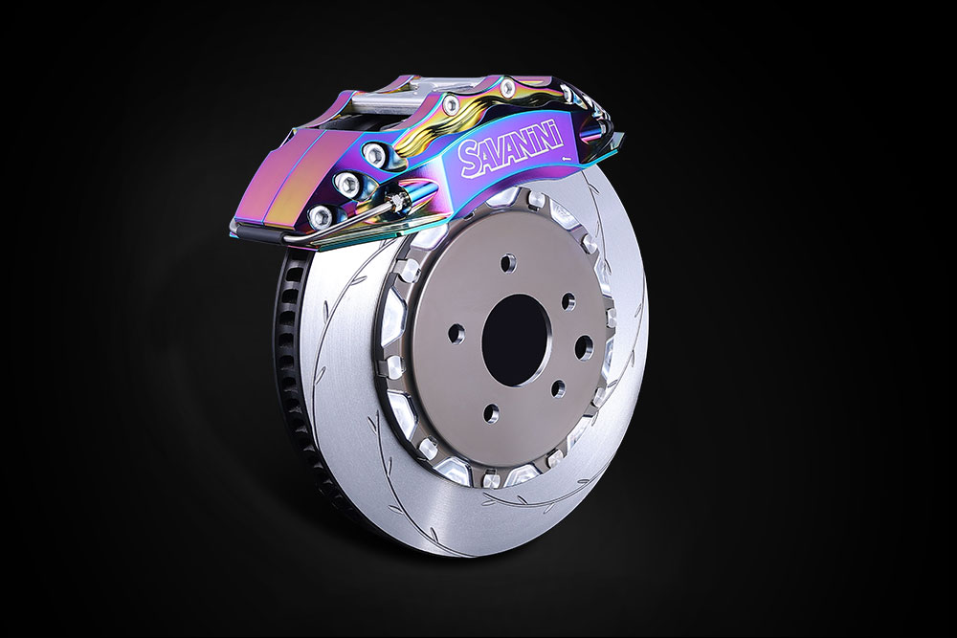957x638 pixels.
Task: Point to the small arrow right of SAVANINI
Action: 567,157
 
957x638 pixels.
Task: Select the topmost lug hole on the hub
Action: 505,264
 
